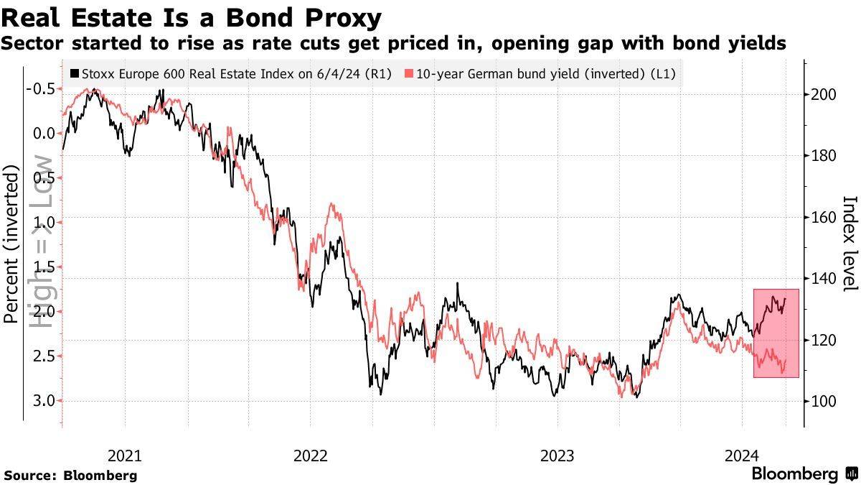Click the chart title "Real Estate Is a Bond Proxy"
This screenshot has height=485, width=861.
(191, 17)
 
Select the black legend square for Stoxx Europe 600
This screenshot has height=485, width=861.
(75, 73)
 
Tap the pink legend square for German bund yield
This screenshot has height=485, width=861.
(409, 73)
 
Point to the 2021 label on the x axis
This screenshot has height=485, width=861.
(125, 456)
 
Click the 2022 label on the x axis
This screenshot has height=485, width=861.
(310, 456)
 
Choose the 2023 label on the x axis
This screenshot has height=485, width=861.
(557, 456)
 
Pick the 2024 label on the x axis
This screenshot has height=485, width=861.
(742, 456)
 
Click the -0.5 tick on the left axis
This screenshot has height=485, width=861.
(40, 89)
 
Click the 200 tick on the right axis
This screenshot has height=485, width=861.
(824, 95)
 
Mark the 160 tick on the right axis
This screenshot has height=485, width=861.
(824, 217)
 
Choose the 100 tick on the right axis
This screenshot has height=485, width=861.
(824, 401)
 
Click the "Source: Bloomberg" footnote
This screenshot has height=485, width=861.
(70, 475)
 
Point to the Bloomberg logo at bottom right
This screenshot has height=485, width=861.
(804, 474)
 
